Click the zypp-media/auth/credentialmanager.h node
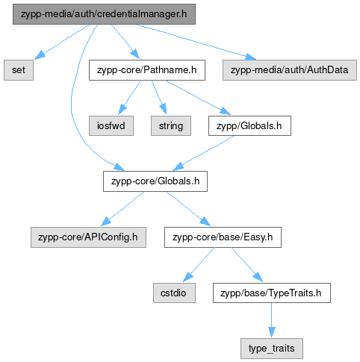click(104, 14)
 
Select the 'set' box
click(19, 70)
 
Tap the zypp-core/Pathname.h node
click(147, 70)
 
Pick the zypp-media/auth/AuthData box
click(290, 70)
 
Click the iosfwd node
click(111, 126)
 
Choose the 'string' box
click(171, 126)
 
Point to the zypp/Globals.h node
click(249, 126)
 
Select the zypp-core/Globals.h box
click(155, 181)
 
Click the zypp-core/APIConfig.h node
click(88, 237)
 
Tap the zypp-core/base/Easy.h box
click(223, 237)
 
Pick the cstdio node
click(174, 293)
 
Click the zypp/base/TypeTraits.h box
click(272, 293)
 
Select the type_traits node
click(272, 349)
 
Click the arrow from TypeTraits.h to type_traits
click(272, 320)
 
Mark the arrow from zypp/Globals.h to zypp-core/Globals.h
click(203, 153)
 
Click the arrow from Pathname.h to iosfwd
click(129, 98)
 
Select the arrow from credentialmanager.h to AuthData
click(196, 43)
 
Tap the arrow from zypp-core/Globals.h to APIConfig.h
click(122, 208)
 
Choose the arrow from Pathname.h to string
click(159, 97)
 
